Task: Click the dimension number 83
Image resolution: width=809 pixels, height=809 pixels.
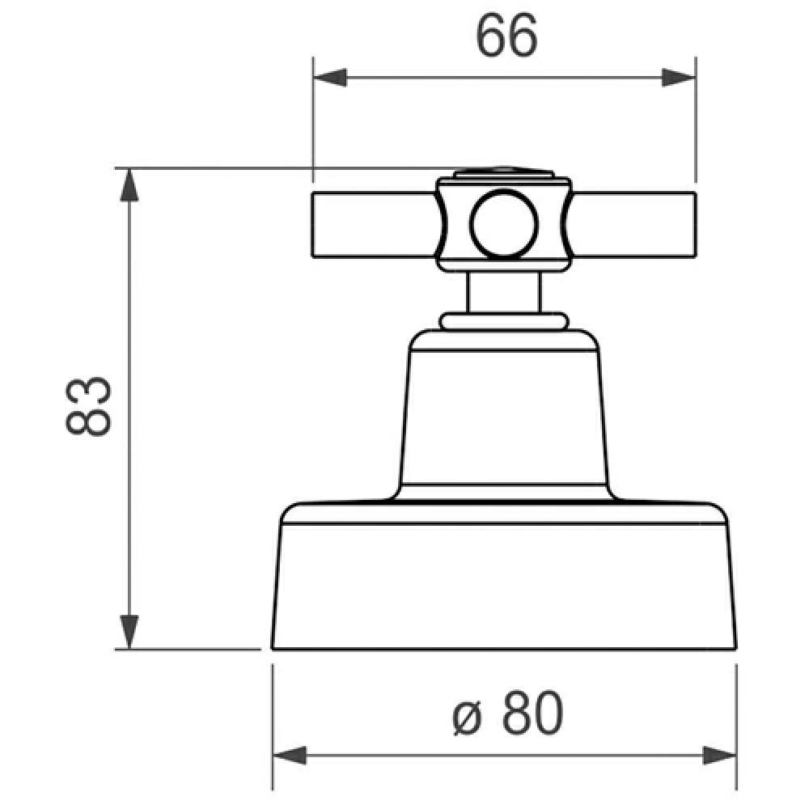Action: [x=87, y=406]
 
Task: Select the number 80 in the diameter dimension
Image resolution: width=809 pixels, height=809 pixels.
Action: [x=531, y=714]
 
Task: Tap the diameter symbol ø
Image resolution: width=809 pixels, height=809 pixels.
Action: [x=468, y=715]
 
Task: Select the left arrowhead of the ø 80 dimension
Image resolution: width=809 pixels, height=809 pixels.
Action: [x=290, y=757]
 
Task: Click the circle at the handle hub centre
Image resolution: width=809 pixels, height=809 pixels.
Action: [x=503, y=224]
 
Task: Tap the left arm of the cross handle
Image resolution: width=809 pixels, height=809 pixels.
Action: [x=372, y=226]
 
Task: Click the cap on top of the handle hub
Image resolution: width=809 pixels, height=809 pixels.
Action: [x=503, y=172]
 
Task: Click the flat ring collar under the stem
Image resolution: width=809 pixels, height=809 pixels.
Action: [x=503, y=321]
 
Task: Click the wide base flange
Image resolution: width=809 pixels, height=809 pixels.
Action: [x=503, y=582]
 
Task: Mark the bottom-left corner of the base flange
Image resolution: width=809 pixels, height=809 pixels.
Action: [x=273, y=648]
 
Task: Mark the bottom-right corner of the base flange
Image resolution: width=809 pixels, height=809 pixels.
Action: [x=735, y=648]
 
